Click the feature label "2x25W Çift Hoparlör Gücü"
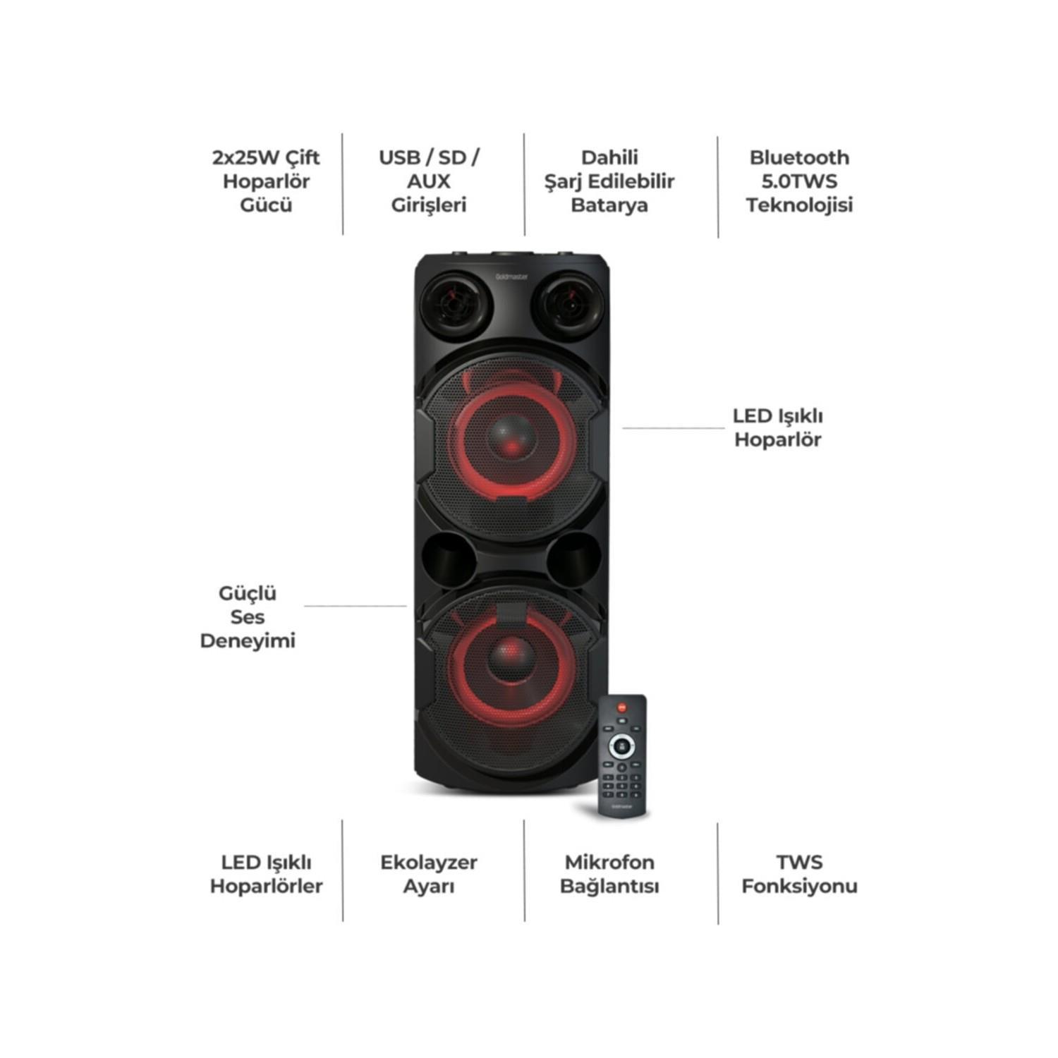click(x=266, y=181)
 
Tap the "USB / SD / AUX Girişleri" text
click(x=429, y=181)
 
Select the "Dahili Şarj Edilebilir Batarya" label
click(x=609, y=181)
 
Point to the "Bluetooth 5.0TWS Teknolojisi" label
click(x=799, y=181)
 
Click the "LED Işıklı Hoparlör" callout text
click(x=777, y=428)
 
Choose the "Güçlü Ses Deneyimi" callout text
click(x=248, y=617)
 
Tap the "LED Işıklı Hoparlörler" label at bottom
click(x=266, y=875)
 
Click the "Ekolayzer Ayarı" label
click(x=429, y=875)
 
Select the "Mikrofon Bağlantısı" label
click(x=609, y=875)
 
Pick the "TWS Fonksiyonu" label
click(x=799, y=875)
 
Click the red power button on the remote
click(x=621, y=706)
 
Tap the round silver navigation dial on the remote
click(x=621, y=744)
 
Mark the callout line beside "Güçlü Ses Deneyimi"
click(x=355, y=606)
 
